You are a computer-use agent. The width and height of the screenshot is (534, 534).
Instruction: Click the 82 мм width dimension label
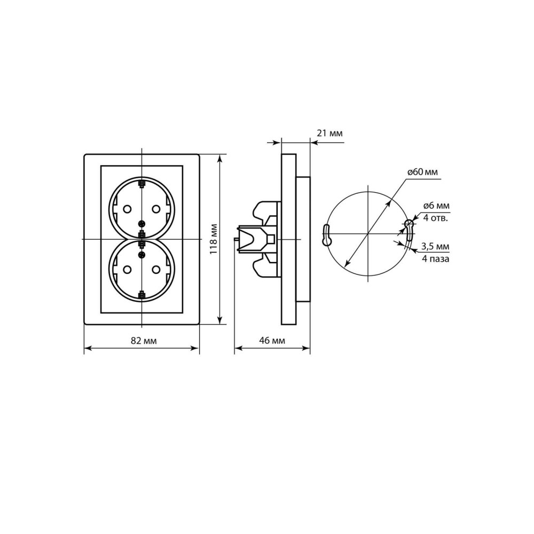[144, 341]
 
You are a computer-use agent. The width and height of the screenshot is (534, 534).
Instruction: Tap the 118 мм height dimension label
[213, 239]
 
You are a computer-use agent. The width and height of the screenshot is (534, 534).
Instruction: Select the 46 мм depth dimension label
[272, 340]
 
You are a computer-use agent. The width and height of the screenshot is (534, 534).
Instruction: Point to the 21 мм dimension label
[329, 133]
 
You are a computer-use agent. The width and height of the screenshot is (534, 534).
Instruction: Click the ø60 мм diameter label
[422, 172]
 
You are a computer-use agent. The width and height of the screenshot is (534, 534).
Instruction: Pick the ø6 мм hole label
[436, 206]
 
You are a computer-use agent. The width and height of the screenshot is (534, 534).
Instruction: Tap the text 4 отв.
[436, 218]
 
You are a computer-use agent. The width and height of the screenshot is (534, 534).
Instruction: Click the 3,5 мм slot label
[435, 246]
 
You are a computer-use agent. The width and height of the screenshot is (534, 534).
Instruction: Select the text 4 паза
[436, 259]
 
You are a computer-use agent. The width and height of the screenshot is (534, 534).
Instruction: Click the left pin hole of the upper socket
[127, 208]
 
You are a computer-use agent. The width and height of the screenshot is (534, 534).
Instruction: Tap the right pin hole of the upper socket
[156, 208]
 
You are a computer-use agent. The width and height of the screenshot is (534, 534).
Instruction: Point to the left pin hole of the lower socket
[127, 270]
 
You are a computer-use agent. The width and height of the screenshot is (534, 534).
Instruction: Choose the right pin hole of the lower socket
[156, 270]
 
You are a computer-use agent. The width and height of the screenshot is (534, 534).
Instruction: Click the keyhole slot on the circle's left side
[326, 235]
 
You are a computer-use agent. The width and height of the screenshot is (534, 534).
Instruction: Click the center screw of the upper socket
[142, 224]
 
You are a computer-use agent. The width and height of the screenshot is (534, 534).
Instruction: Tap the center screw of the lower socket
[142, 255]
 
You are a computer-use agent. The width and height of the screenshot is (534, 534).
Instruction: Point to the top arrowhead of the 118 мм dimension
[221, 159]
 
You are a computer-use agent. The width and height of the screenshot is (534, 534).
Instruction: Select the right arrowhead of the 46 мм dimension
[306, 348]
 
